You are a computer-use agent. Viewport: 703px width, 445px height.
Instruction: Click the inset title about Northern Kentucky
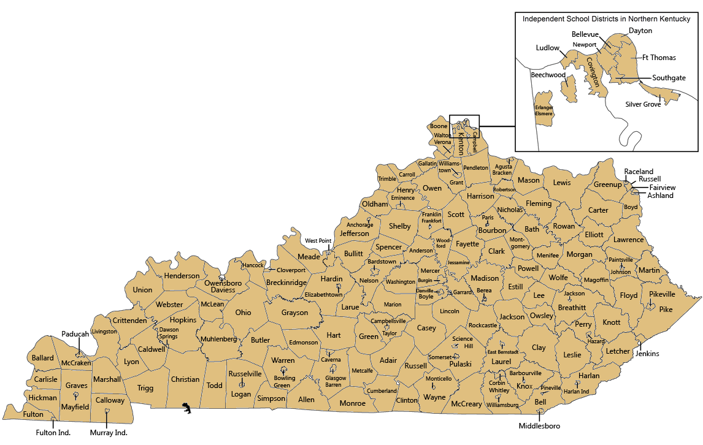pyautogui.click(x=606, y=19)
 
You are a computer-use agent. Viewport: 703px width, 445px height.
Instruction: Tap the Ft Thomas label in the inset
pyautogui.click(x=659, y=58)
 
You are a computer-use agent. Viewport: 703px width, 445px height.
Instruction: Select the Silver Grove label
pyautogui.click(x=643, y=104)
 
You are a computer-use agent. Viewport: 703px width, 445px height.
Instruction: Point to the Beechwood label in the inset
pyautogui.click(x=548, y=75)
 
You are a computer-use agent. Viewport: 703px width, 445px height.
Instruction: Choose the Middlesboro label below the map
pyautogui.click(x=539, y=426)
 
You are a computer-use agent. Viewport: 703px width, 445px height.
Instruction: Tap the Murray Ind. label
pyautogui.click(x=109, y=433)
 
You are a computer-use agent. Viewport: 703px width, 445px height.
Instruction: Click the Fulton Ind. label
pyautogui.click(x=53, y=433)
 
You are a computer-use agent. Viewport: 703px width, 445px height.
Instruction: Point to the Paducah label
pyautogui.click(x=75, y=334)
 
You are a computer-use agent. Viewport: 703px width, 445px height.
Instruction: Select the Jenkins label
pyautogui.click(x=647, y=354)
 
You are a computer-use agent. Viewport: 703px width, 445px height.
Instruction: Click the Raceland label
pyautogui.click(x=639, y=172)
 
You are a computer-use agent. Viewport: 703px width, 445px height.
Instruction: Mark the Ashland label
pyautogui.click(x=660, y=196)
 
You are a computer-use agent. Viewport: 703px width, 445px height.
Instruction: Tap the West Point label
pyautogui.click(x=318, y=241)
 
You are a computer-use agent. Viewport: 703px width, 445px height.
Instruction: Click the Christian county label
pyautogui.click(x=185, y=379)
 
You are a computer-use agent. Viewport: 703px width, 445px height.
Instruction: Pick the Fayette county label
pyautogui.click(x=467, y=244)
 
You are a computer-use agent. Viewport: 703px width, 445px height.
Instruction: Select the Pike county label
pyautogui.click(x=666, y=310)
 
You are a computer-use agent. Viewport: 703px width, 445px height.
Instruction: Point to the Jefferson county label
pyautogui.click(x=355, y=234)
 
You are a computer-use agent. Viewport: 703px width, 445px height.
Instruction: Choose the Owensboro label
pyautogui.click(x=223, y=283)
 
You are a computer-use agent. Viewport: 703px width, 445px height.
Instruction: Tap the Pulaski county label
pyautogui.click(x=460, y=364)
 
